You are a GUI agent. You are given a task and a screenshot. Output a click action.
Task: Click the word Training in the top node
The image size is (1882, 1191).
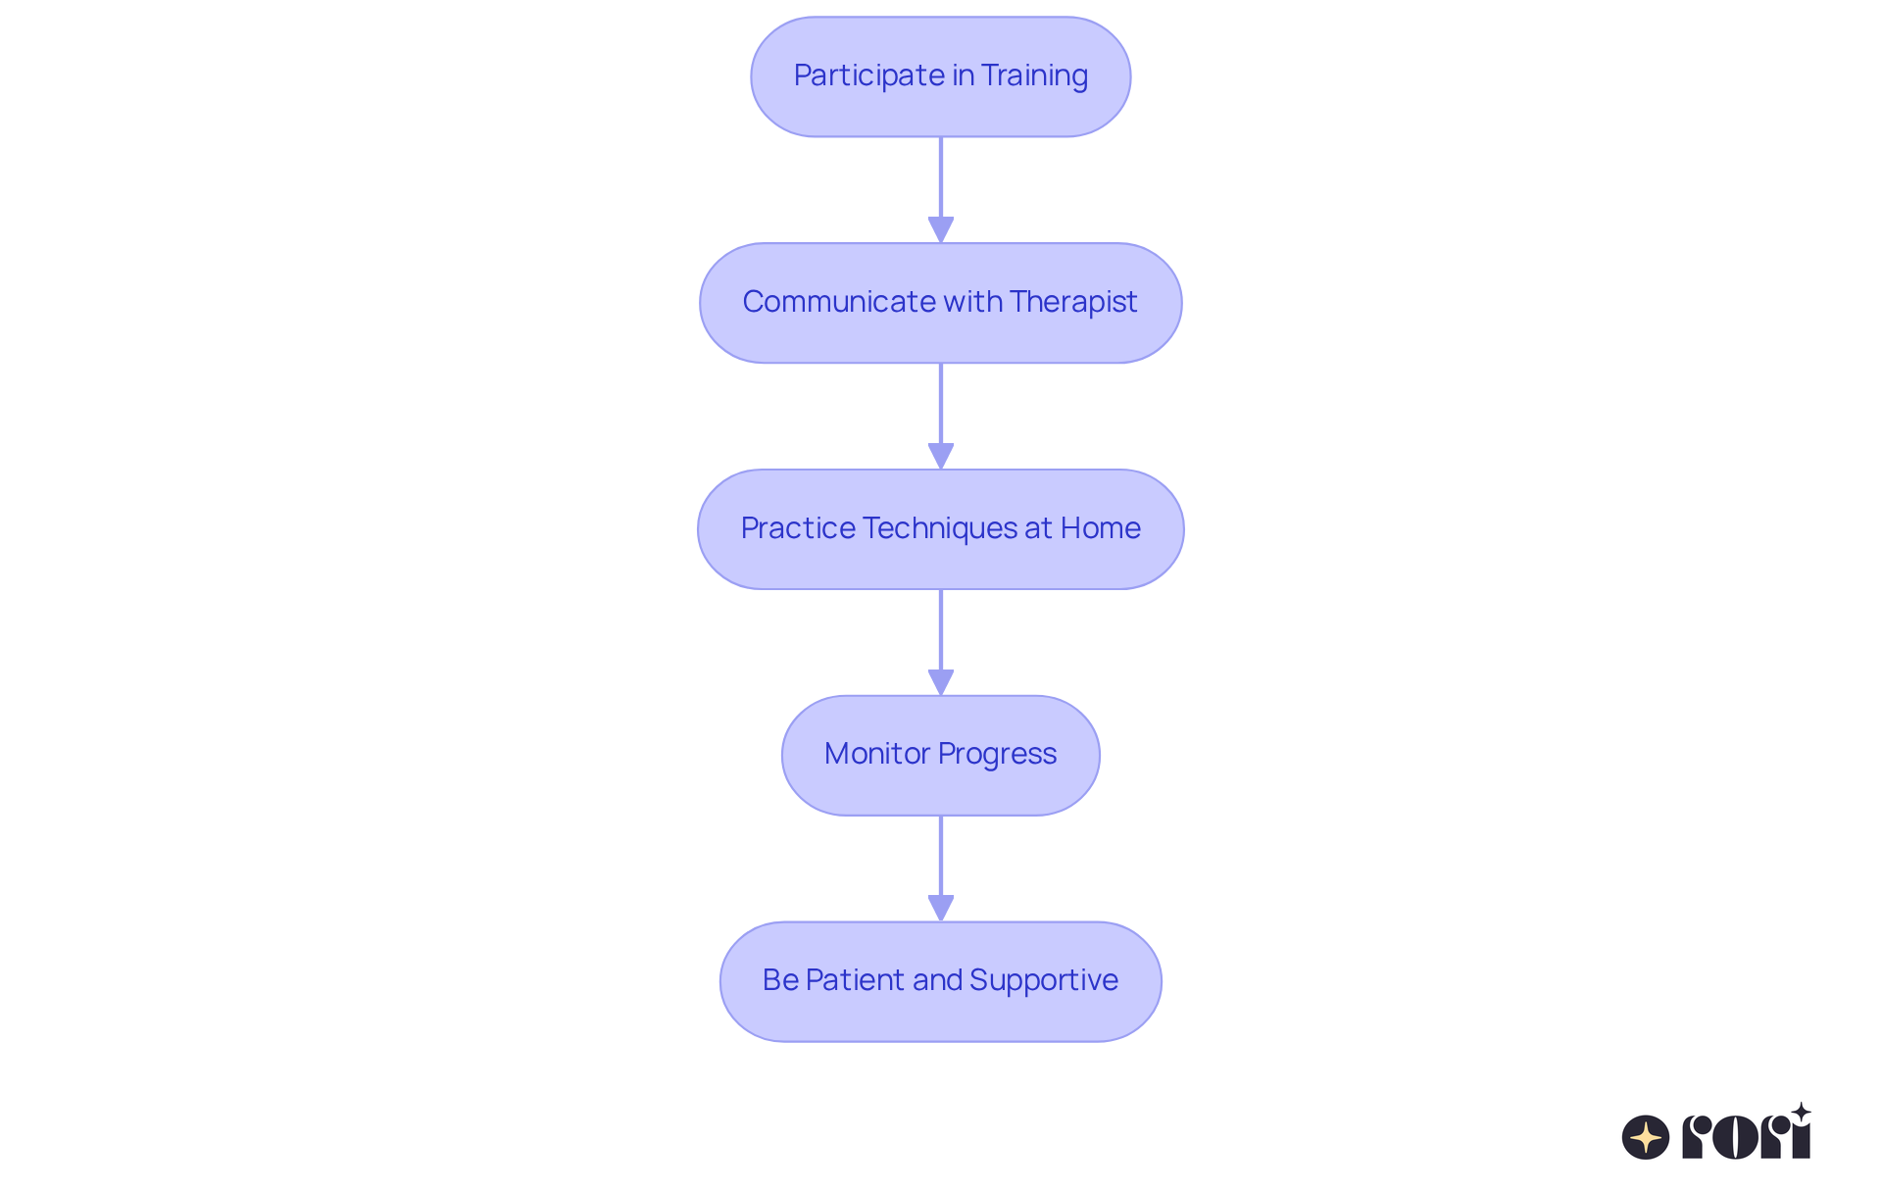pyautogui.click(x=1034, y=75)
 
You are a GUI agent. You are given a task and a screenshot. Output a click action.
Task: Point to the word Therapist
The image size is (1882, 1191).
pyautogui.click(x=1073, y=302)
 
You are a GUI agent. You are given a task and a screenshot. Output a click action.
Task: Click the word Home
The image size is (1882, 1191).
pyautogui.click(x=1100, y=528)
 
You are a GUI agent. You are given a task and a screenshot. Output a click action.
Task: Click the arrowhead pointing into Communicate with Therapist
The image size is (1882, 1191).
pyautogui.click(x=941, y=229)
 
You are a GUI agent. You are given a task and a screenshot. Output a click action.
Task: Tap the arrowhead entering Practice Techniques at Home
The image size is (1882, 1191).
pyautogui.click(x=941, y=456)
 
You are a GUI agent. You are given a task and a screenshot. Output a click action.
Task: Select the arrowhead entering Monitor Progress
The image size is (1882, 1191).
pyautogui.click(x=941, y=682)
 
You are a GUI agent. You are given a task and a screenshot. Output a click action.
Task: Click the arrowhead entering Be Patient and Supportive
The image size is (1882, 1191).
pyautogui.click(x=941, y=908)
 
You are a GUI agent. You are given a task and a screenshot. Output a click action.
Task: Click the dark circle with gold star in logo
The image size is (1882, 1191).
pyautogui.click(x=1645, y=1137)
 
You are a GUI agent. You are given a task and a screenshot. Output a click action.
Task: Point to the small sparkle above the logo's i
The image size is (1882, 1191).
pyautogui.click(x=1801, y=1112)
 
